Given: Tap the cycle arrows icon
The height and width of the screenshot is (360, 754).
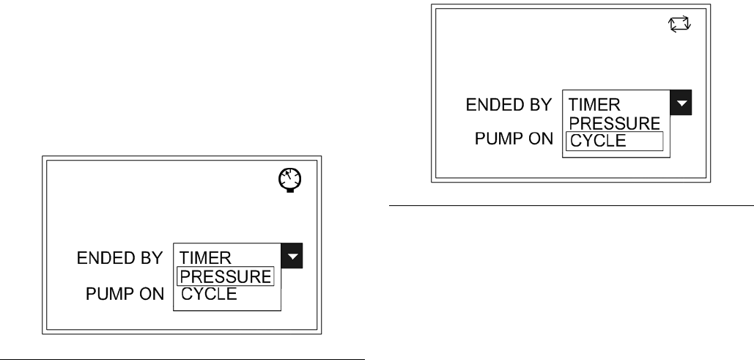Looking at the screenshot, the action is coord(681,25).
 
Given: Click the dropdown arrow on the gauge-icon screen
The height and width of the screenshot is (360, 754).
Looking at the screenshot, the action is coord(293,256).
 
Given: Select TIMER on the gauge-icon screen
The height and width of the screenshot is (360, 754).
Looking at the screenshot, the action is coord(206,257).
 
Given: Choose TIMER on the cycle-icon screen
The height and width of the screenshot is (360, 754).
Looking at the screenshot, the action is coord(595,106).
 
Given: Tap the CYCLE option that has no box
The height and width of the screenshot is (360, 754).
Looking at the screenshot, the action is coord(209,294).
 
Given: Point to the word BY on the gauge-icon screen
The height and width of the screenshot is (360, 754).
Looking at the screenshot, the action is coord(152,258).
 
